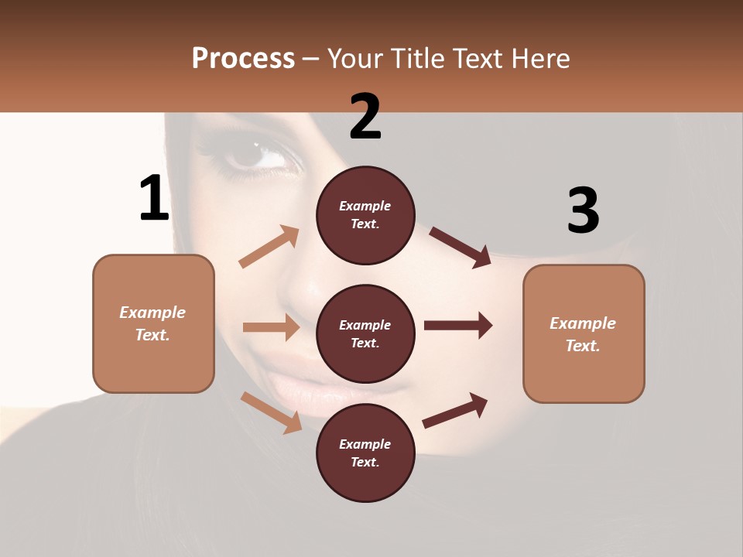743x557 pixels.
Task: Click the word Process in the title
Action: point(243,58)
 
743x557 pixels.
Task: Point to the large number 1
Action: point(154,198)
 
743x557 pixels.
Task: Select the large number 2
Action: point(365,116)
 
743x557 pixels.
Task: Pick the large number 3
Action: point(583,210)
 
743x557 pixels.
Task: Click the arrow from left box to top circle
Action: point(269,247)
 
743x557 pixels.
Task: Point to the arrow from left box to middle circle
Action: point(271,327)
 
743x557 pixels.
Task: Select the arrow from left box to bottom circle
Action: point(272,412)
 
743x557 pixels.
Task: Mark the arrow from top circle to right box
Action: point(461,247)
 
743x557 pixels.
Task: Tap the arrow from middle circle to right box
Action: point(458,325)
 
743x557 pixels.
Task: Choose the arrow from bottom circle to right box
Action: point(455,411)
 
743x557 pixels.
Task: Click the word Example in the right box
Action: point(583,323)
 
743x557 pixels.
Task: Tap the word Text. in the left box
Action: point(152,335)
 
